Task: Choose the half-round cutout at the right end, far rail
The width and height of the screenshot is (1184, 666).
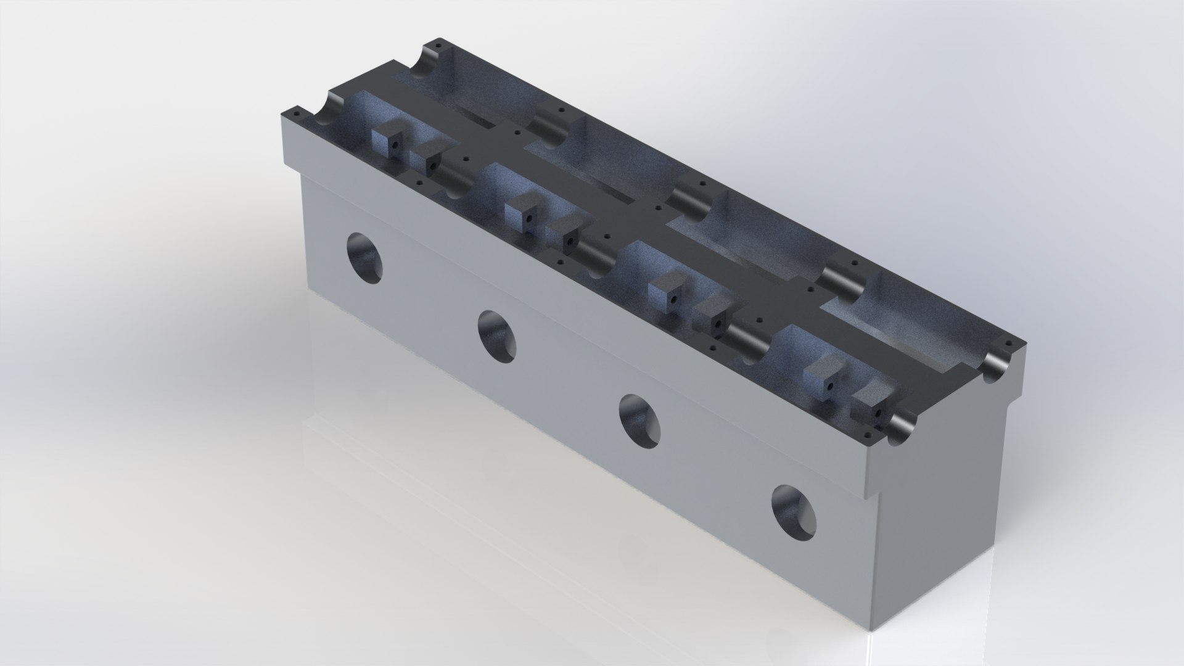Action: click(998, 364)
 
